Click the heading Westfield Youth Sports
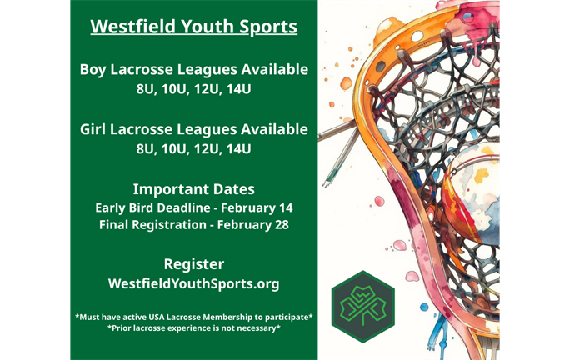click(193, 27)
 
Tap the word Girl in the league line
click(96, 130)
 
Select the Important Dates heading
click(193, 188)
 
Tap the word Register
click(193, 264)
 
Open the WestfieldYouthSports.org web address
click(193, 284)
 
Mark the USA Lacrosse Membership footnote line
click(193, 317)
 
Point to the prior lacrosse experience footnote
click(193, 329)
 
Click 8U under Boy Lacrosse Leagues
click(146, 88)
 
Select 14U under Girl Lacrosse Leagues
click(239, 149)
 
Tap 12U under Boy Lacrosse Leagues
click(208, 88)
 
